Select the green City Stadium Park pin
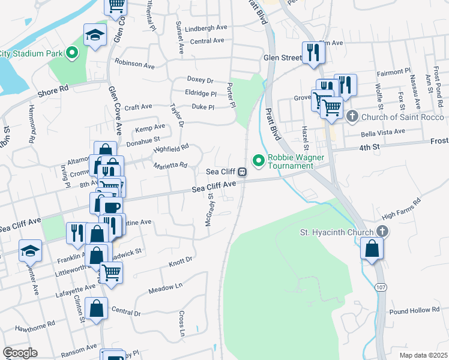pyautogui.click(x=73, y=53)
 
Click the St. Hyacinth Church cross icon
pyautogui.click(x=382, y=232)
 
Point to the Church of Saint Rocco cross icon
pyautogui.click(x=352, y=115)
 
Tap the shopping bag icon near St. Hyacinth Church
pyautogui.click(x=372, y=248)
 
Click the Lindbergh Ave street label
pyautogui.click(x=206, y=28)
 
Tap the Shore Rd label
pyautogui.click(x=53, y=88)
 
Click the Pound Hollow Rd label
pyautogui.click(x=414, y=310)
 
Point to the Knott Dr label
pyautogui.click(x=180, y=260)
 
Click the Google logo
pyautogui.click(x=20, y=353)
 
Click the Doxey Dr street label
pyautogui.click(x=200, y=80)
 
